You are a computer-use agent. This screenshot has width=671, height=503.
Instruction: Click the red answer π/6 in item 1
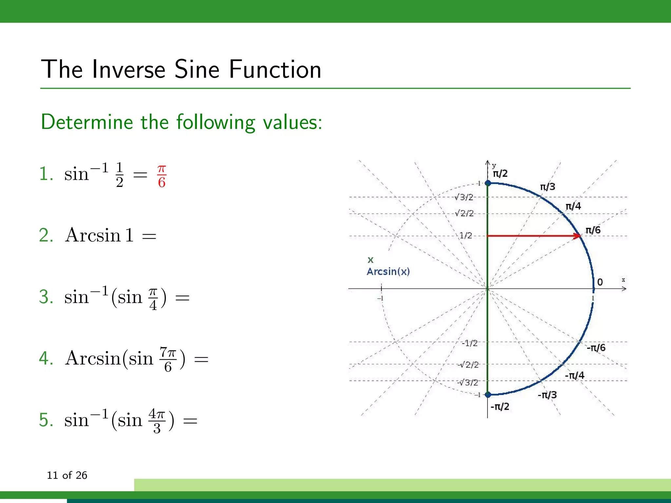click(x=162, y=176)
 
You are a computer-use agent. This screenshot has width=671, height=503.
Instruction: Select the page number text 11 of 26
click(x=67, y=475)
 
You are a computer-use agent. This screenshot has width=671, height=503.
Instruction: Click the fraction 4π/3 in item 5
click(x=157, y=421)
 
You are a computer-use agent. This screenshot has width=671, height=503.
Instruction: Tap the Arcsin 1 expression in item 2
click(x=99, y=235)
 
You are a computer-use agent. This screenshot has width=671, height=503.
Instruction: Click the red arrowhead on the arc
click(x=577, y=236)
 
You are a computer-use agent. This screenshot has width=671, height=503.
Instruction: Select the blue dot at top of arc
click(x=488, y=183)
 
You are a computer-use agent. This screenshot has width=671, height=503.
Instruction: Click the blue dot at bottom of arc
click(x=488, y=395)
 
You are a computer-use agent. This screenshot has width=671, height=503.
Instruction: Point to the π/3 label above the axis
click(x=547, y=187)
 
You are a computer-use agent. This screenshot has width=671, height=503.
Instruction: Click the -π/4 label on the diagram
click(x=574, y=375)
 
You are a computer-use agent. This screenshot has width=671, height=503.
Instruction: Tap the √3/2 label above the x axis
click(x=464, y=197)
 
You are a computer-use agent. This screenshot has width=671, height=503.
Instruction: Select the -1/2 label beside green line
click(x=470, y=343)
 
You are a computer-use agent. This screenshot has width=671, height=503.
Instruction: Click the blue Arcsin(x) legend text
click(x=388, y=271)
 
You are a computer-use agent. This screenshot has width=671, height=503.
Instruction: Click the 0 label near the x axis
click(x=600, y=282)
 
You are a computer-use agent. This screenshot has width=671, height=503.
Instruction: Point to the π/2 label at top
click(x=500, y=174)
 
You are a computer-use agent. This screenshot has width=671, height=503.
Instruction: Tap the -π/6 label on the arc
click(x=596, y=347)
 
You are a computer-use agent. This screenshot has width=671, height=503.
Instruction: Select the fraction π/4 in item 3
click(x=153, y=298)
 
